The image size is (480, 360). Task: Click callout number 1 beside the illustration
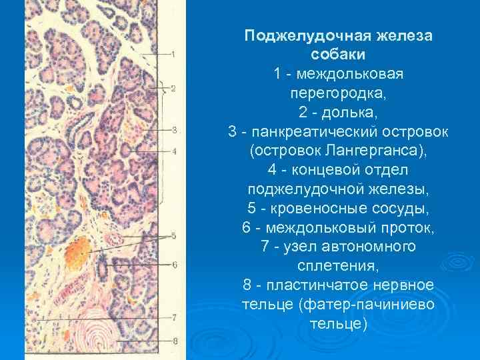click(173, 54)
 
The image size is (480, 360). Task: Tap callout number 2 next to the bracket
click(173, 88)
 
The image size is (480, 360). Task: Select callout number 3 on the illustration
click(173, 129)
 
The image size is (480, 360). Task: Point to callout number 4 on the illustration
click(174, 151)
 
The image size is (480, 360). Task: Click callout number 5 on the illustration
click(173, 236)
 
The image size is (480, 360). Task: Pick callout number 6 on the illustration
click(174, 265)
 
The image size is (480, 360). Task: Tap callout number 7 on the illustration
click(174, 318)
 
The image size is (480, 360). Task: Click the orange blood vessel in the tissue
click(79, 250)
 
